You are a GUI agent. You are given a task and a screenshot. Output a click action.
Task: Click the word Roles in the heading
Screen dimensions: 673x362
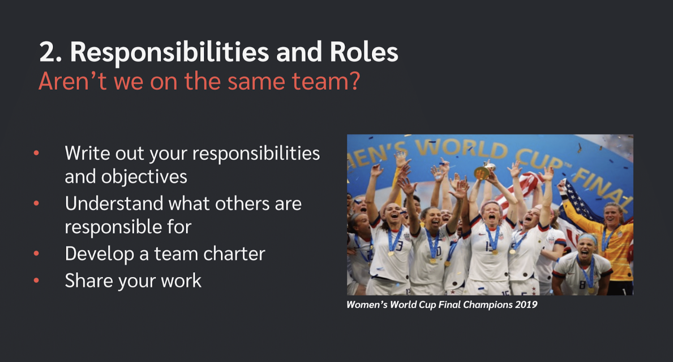pos(364,51)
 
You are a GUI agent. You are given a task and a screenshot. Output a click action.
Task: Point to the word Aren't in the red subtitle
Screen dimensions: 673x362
pos(72,80)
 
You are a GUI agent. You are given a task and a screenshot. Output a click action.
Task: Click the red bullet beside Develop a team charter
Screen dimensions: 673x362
pos(36,253)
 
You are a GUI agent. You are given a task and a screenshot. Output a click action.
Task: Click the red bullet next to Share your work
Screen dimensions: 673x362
pos(36,280)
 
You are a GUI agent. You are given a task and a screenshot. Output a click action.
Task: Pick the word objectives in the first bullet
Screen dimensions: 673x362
pos(144,177)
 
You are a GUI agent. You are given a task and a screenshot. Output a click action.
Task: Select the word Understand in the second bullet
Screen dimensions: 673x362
pos(114,204)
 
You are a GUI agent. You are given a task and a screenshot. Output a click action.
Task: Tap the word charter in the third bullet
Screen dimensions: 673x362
pos(234,253)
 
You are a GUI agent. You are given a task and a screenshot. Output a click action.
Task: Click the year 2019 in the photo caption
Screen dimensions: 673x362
pos(526,305)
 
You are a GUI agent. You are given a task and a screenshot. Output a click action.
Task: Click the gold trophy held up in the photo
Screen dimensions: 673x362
pos(484,171)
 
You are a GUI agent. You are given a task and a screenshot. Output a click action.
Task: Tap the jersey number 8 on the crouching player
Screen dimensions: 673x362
pos(582,284)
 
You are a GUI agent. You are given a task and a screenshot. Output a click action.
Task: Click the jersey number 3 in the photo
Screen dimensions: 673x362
pos(400,246)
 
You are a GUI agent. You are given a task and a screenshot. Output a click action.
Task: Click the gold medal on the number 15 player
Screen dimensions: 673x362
pos(495,252)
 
